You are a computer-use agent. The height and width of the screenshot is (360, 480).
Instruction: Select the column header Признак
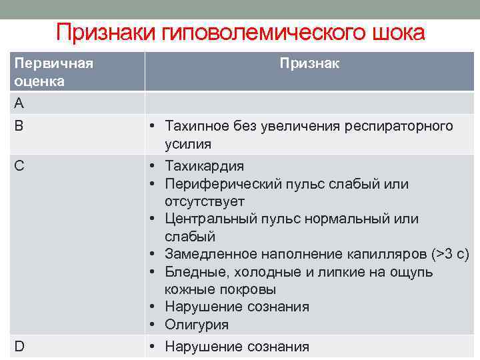point(309,63)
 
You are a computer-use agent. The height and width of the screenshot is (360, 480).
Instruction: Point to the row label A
point(19,103)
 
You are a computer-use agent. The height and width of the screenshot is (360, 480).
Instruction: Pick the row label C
point(20,166)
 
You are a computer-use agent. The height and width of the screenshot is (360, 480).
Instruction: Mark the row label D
point(20,347)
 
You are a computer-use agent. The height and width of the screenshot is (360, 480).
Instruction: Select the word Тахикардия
point(205,166)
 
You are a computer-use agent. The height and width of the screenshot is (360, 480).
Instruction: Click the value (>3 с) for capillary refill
point(450,254)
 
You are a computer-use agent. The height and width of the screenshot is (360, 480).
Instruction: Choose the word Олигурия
point(197,325)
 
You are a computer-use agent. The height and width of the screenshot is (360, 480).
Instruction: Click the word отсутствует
point(205,201)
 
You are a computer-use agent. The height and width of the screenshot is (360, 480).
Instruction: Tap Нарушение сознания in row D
point(237,347)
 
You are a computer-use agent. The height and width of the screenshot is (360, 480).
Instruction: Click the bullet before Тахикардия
point(153,166)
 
